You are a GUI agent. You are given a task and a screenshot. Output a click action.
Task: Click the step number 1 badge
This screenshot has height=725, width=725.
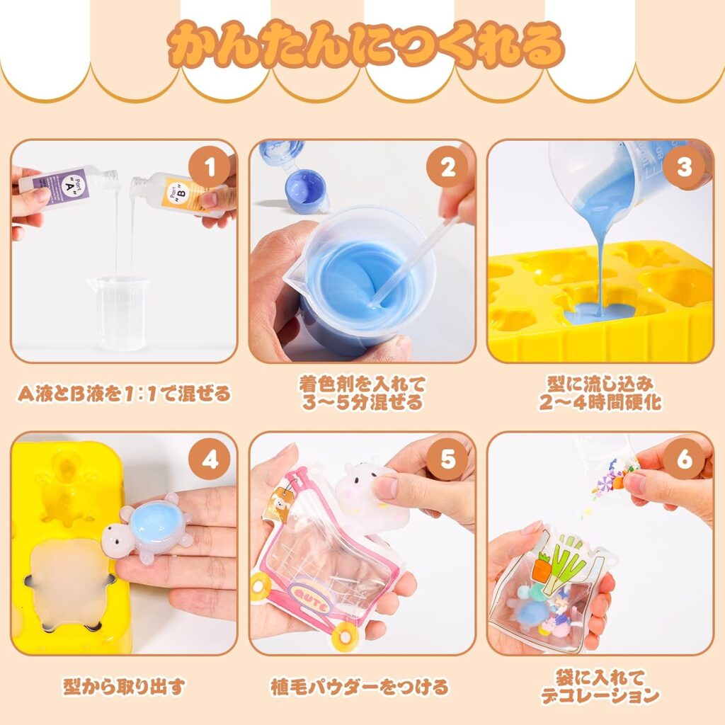pyautogui.click(x=210, y=168)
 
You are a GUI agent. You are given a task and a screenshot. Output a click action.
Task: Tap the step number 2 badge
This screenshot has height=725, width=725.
pyautogui.click(x=447, y=168)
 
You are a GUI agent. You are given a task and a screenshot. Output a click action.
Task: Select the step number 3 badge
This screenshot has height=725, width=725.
pyautogui.click(x=685, y=168)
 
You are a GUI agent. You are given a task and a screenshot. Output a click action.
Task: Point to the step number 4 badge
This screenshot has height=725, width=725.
pyautogui.click(x=210, y=460)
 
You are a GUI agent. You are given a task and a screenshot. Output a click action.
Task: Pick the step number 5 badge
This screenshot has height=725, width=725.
pyautogui.click(x=447, y=460)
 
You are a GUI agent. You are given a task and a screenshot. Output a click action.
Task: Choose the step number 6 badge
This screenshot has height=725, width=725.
pyautogui.click(x=685, y=460)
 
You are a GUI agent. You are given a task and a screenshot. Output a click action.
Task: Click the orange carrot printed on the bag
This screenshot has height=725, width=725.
pyautogui.click(x=542, y=569)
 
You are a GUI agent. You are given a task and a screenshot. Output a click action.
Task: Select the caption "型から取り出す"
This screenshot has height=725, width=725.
pyautogui.click(x=124, y=686)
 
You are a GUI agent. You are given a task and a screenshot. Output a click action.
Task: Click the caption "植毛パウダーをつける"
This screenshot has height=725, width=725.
pyautogui.click(x=359, y=687)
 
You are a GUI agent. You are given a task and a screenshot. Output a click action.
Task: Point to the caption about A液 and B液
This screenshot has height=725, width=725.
pyautogui.click(x=124, y=394)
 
